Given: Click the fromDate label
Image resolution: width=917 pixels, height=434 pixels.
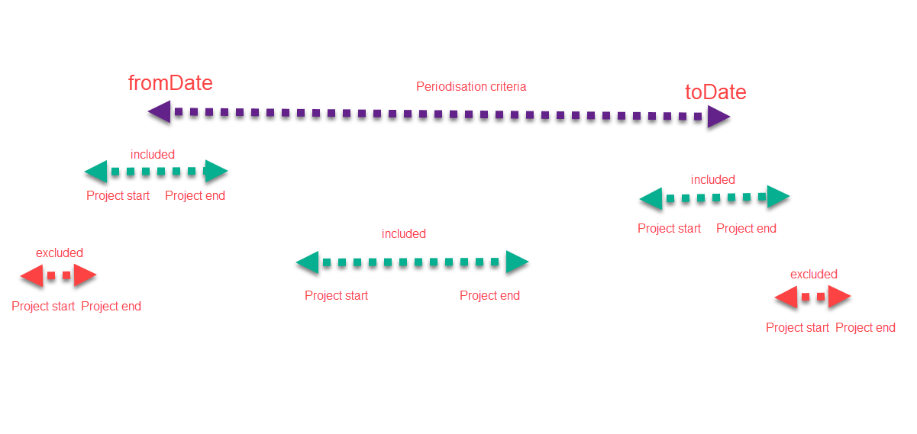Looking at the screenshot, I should (170, 82).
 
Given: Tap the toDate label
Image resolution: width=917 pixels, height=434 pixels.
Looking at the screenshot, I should (715, 92).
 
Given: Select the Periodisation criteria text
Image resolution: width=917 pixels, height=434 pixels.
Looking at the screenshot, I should (471, 87).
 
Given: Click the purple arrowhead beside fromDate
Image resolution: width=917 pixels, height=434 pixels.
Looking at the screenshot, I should (159, 112).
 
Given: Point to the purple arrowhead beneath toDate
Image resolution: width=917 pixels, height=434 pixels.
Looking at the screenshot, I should (718, 117).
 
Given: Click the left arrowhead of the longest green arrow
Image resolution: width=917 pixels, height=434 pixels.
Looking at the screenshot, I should (308, 262).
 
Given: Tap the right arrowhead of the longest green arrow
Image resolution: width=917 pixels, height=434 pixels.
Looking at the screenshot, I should (517, 262).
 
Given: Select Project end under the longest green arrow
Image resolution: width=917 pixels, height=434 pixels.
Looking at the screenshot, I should (489, 296).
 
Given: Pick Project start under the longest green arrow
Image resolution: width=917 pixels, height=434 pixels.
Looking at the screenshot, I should (336, 296).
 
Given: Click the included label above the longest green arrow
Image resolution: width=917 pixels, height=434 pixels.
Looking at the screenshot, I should (404, 234).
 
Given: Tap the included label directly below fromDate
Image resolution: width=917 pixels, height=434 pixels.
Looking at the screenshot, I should (153, 155).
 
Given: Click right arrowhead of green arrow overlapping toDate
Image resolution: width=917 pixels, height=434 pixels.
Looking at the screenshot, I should (778, 197).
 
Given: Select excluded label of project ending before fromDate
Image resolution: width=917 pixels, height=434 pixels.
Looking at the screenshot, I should (60, 253).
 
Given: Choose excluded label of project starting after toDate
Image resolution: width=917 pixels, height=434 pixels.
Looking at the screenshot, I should (814, 275).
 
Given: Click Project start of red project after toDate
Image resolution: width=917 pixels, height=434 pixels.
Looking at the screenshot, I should (797, 328).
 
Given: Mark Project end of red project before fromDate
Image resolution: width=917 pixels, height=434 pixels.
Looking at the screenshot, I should (111, 307).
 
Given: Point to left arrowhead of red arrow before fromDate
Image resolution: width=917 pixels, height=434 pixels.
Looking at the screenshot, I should (31, 275).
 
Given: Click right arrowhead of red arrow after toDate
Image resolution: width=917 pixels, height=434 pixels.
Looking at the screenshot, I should (839, 297).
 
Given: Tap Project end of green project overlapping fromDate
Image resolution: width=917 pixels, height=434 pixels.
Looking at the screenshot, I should (195, 196).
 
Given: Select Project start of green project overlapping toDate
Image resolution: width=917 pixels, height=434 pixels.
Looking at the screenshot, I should (669, 229).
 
